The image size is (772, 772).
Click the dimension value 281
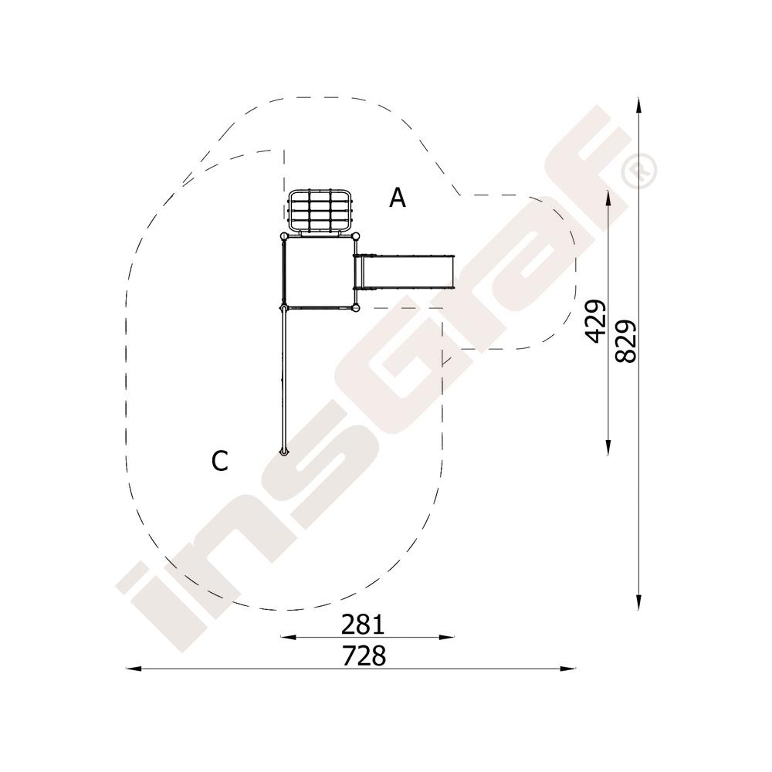pyautogui.click(x=362, y=625)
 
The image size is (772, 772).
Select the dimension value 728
pyautogui.click(x=364, y=655)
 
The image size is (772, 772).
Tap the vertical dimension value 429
pyautogui.click(x=595, y=320)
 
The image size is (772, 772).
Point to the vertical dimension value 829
pyautogui.click(x=626, y=342)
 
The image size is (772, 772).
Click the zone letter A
pyautogui.click(x=398, y=198)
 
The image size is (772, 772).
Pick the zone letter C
pyautogui.click(x=219, y=462)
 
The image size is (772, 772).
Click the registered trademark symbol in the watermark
pyautogui.click(x=638, y=171)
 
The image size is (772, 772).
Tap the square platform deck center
pyautogui.click(x=320, y=273)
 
